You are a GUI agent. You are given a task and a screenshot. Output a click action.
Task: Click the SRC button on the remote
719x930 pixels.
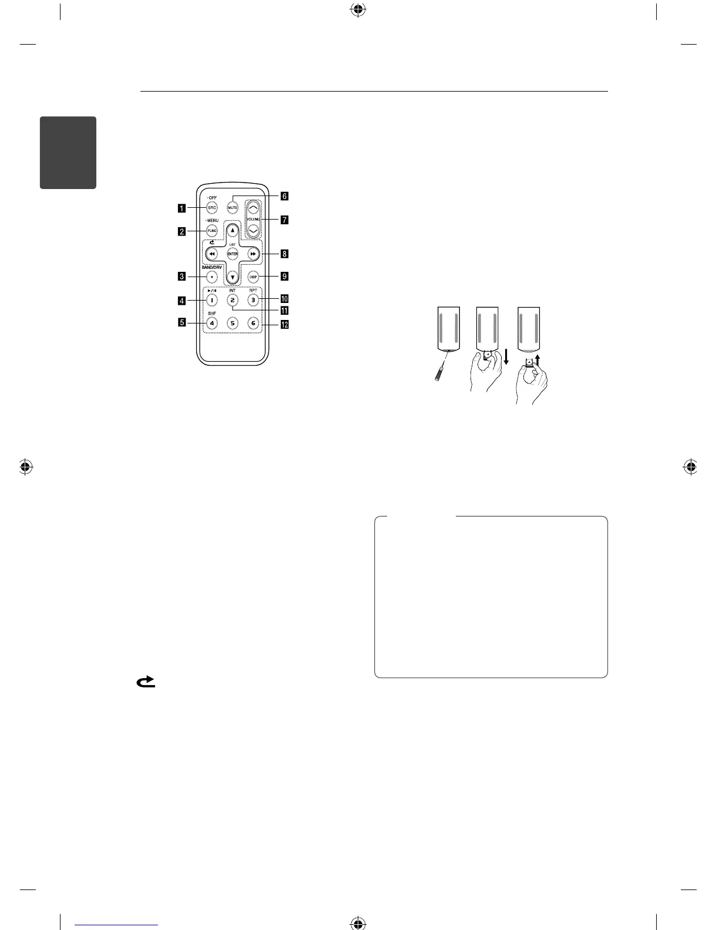pos(211,208)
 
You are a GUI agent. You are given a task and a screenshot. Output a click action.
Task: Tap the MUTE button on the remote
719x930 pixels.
pos(233,208)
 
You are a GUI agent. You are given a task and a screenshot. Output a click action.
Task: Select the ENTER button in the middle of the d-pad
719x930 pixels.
pos(233,254)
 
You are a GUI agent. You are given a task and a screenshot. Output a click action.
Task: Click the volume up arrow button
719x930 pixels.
pos(254,208)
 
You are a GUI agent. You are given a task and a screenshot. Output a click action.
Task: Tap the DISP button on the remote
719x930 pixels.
pos(253,276)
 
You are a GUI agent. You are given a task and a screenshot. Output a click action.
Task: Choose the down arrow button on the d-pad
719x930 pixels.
pos(233,276)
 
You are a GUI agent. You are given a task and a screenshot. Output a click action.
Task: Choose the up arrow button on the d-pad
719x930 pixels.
pos(233,231)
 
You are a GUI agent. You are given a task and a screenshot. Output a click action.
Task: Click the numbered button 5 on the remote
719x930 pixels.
pos(233,323)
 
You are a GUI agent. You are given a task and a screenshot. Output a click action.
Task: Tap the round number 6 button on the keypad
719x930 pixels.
pos(253,323)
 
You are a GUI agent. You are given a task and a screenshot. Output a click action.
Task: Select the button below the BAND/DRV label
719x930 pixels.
pos(211,276)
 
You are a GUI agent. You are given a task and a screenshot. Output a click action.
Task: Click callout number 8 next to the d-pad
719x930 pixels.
pos(284,254)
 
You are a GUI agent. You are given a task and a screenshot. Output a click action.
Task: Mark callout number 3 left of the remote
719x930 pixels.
pos(183,276)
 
